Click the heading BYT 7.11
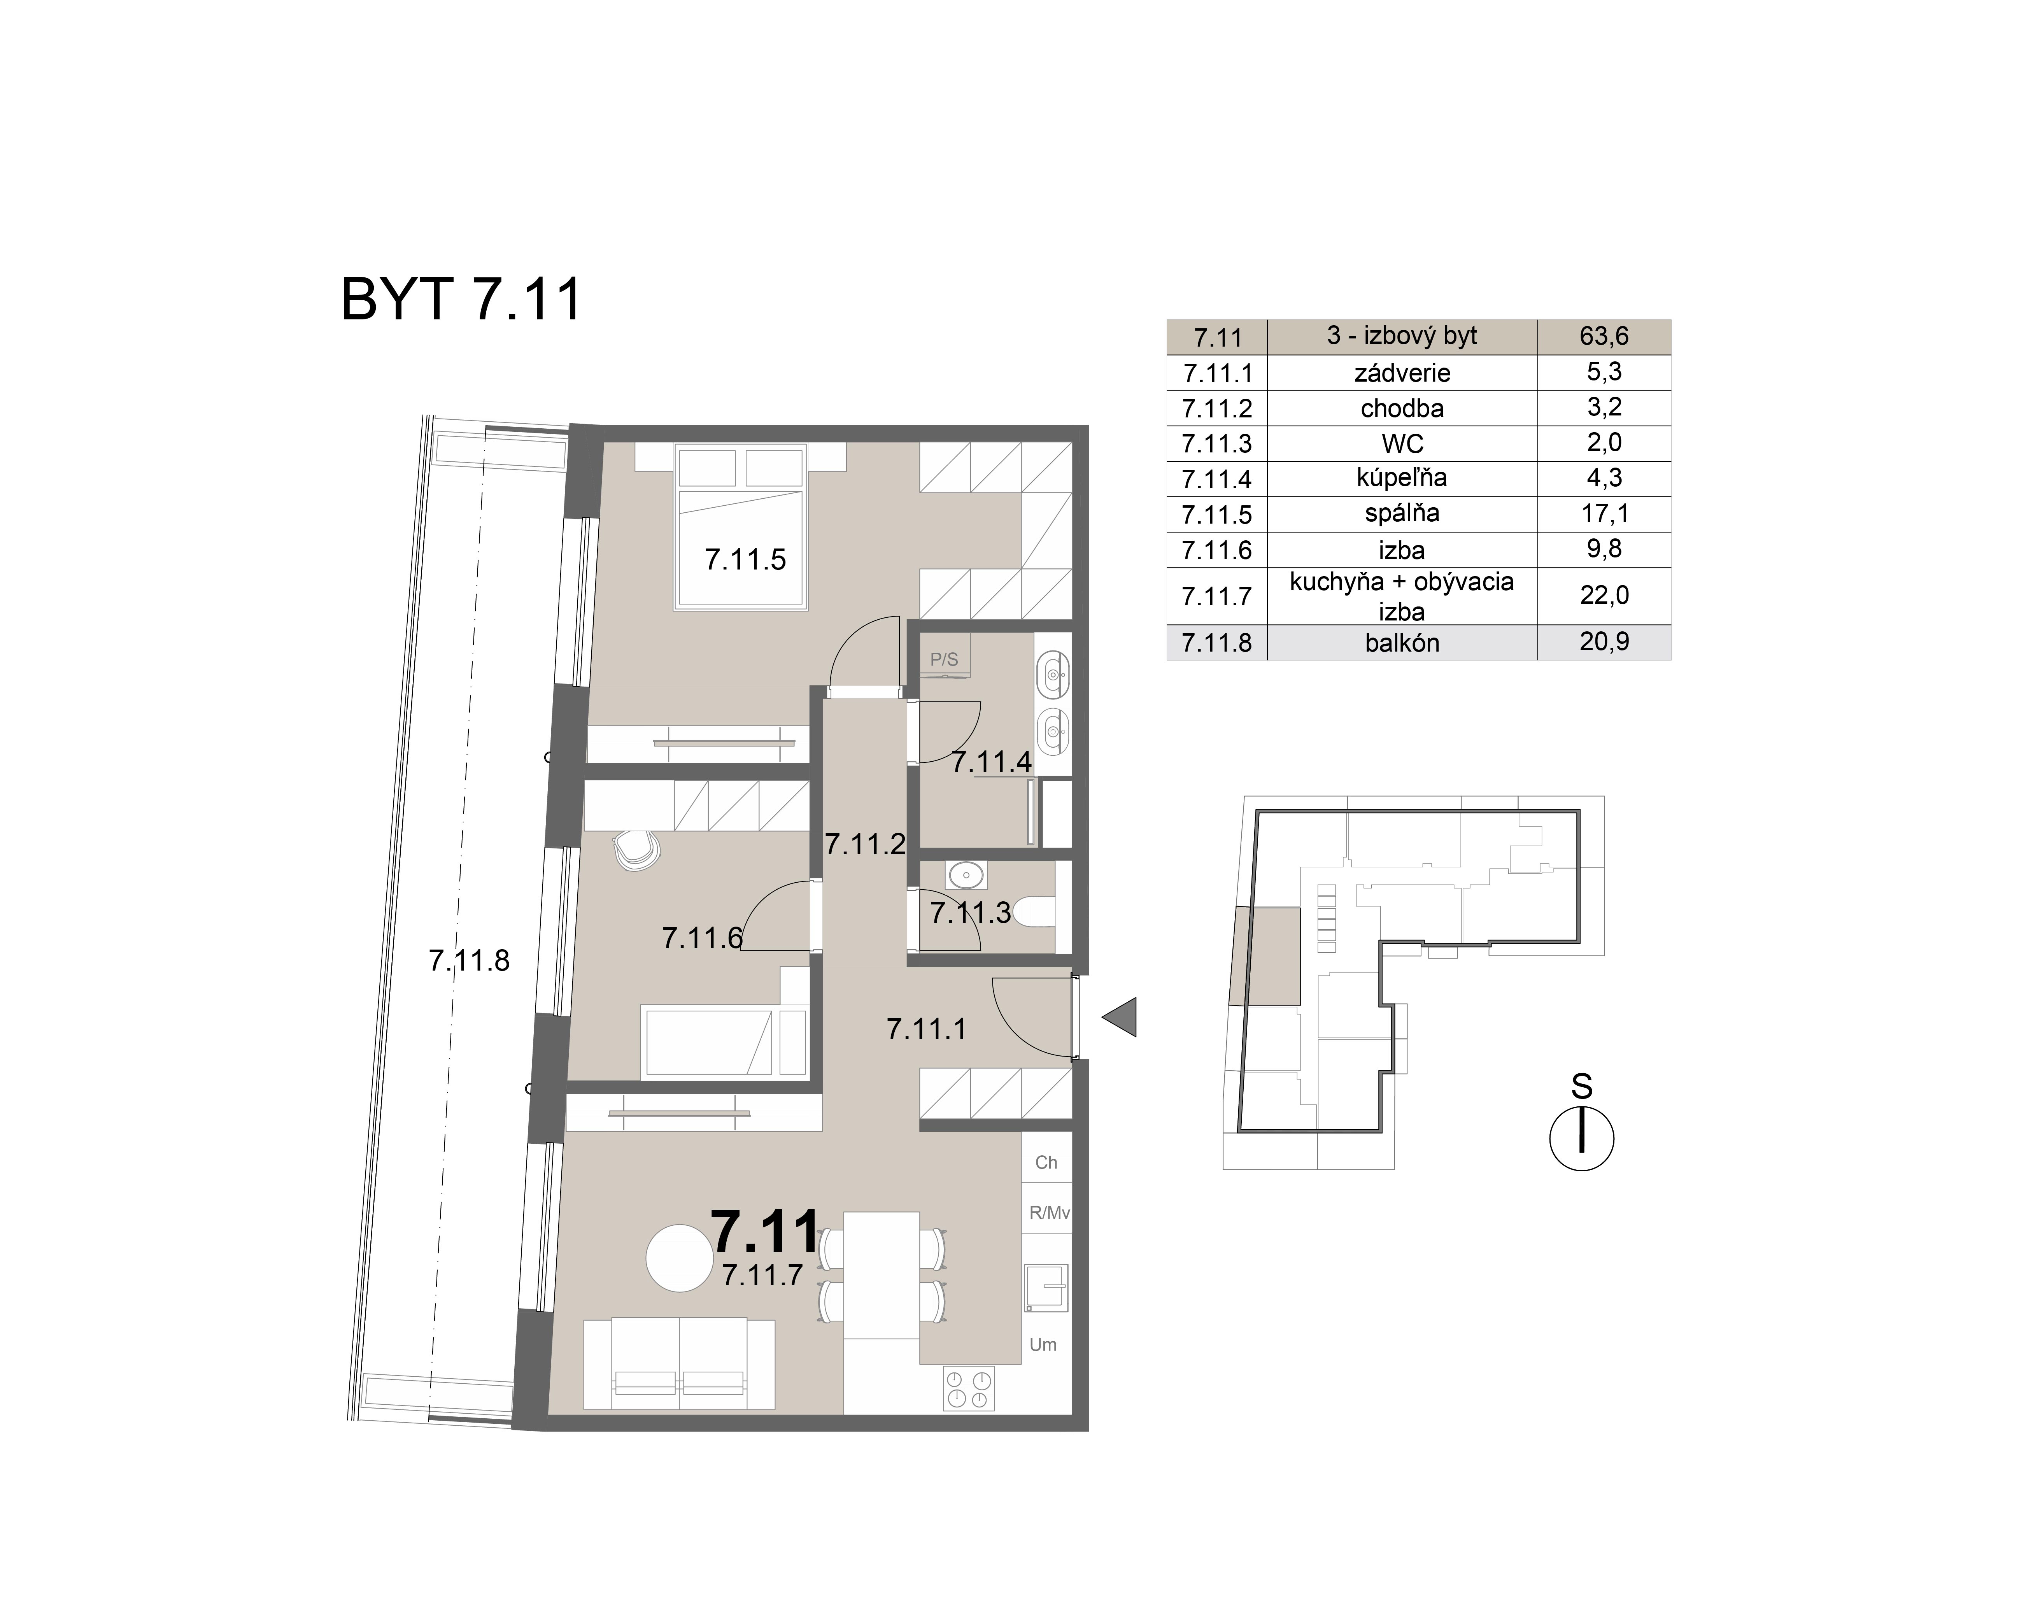click(461, 300)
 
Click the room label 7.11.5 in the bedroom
click(745, 560)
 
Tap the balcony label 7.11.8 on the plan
click(469, 960)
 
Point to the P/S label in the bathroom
click(943, 660)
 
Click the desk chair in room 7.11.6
click(636, 850)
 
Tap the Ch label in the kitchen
click(1046, 1162)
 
